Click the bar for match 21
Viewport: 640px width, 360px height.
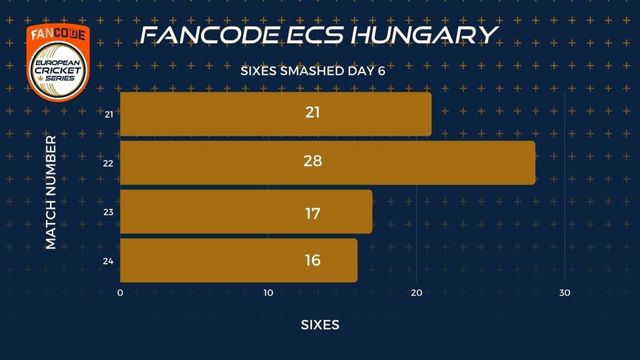[276, 114]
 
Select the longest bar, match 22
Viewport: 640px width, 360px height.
[327, 163]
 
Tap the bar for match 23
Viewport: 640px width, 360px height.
[246, 211]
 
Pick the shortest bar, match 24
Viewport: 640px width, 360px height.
[239, 261]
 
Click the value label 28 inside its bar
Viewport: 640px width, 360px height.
[312, 161]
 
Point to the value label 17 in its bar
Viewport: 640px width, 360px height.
[312, 214]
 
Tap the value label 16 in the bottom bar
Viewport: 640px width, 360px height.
[312, 261]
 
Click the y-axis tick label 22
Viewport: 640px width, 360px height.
[108, 164]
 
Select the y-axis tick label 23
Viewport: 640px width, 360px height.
[108, 212]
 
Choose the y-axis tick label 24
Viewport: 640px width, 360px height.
[108, 261]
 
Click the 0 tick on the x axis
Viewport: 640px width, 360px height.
[120, 293]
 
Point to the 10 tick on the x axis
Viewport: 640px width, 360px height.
[268, 293]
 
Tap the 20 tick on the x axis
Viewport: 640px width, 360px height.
[416, 293]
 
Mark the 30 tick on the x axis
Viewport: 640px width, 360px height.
[564, 293]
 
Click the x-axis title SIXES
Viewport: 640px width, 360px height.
[320, 325]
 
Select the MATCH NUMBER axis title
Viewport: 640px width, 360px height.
[51, 192]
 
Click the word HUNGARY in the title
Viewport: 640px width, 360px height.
[424, 35]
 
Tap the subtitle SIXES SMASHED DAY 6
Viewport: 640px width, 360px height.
[312, 71]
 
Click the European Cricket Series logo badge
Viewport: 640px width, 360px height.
[58, 62]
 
